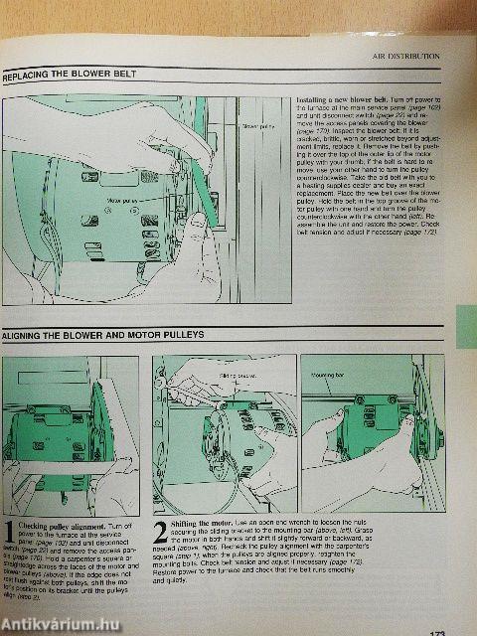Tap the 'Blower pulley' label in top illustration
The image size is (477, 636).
pyautogui.click(x=255, y=127)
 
